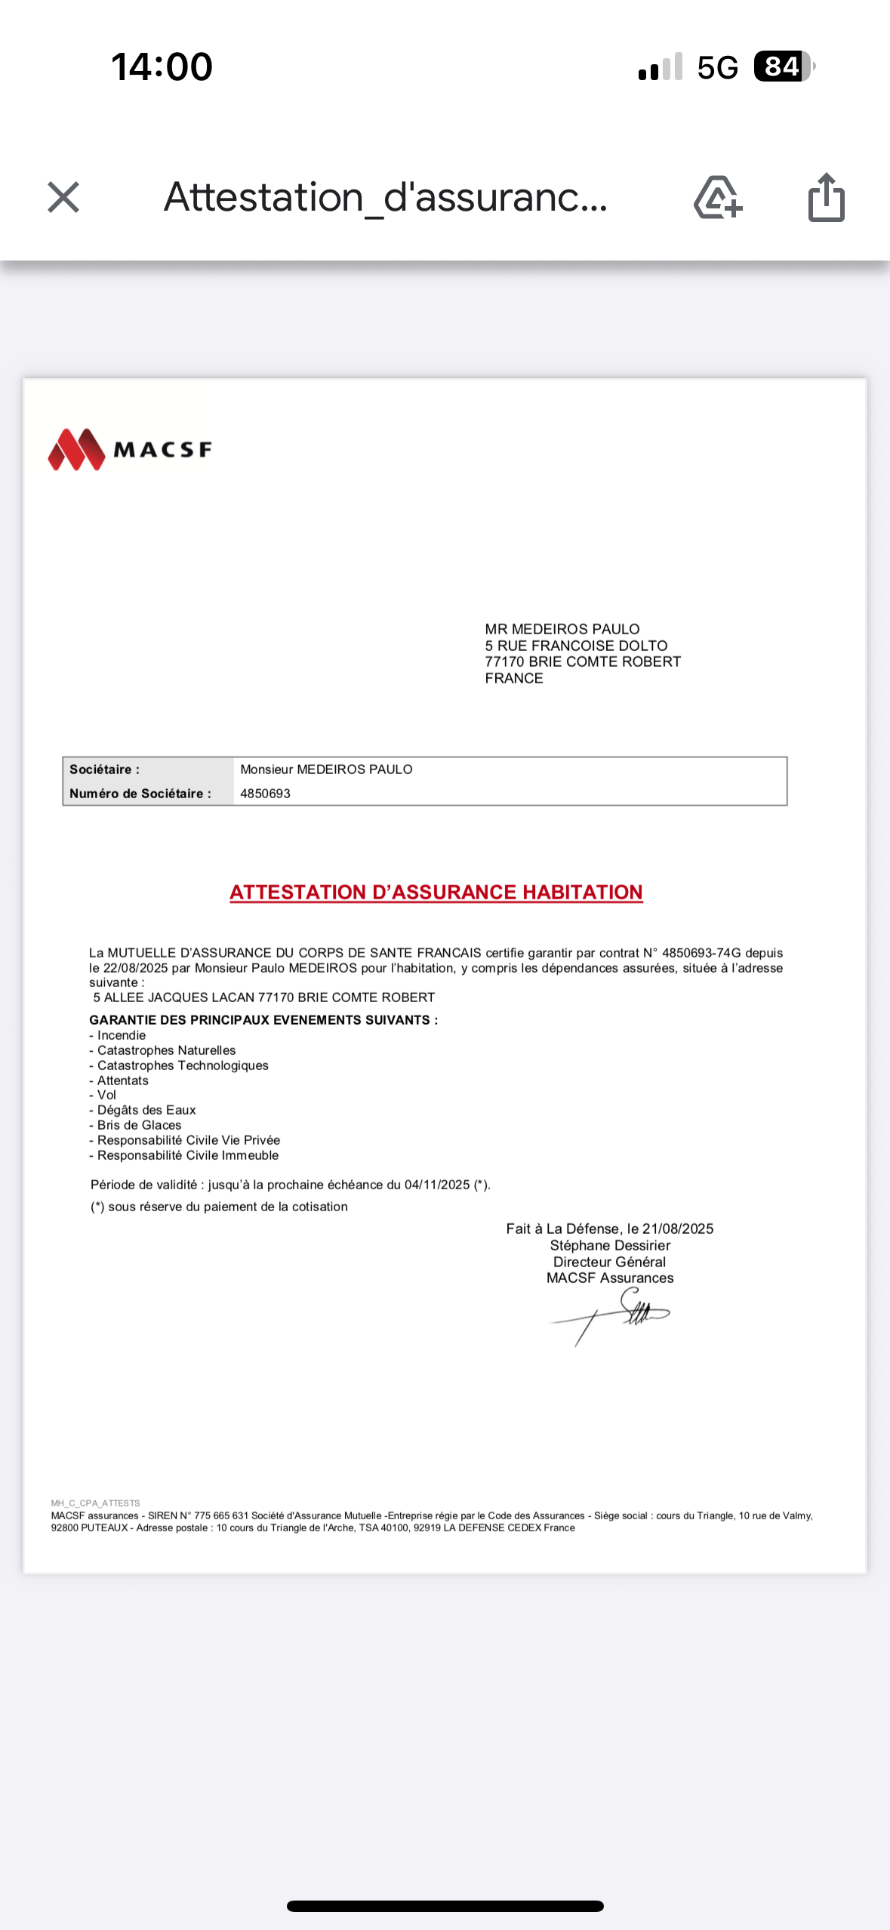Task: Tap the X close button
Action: point(63,198)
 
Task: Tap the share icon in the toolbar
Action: point(826,198)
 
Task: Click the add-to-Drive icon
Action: point(717,198)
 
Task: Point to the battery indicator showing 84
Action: point(783,66)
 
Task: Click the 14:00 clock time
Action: point(162,66)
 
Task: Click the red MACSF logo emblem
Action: point(76,449)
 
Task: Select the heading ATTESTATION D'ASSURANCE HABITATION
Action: point(436,893)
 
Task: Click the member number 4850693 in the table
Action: point(265,794)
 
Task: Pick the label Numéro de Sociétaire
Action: point(140,794)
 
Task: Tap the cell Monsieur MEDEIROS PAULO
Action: point(326,769)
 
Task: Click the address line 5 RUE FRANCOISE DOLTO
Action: point(576,646)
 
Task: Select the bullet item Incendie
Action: point(121,1035)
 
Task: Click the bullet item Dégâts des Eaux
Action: point(146,1110)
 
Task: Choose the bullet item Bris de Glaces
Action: point(139,1125)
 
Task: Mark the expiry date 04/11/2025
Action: point(437,1185)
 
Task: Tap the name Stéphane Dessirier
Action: point(610,1245)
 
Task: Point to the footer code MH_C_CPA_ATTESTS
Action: point(95,1503)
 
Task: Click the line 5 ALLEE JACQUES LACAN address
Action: point(263,997)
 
